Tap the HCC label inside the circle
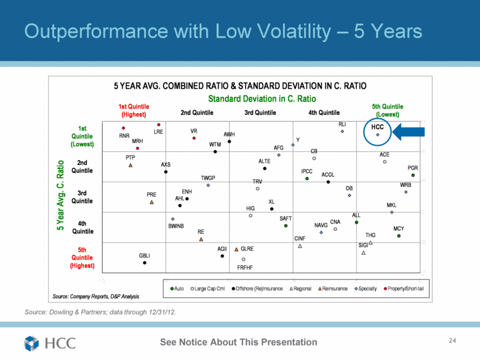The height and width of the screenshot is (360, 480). click(x=377, y=127)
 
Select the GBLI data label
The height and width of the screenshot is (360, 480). click(x=145, y=255)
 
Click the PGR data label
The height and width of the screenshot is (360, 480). click(x=413, y=167)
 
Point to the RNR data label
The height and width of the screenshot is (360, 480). click(x=124, y=135)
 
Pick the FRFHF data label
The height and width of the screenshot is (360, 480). click(x=245, y=267)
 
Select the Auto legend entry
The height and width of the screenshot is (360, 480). click(x=177, y=288)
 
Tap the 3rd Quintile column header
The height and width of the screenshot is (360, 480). click(x=260, y=113)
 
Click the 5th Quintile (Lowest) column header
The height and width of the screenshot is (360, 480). click(x=388, y=110)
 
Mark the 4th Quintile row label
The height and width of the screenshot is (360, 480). click(x=82, y=227)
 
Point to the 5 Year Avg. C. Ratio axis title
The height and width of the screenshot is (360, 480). click(x=60, y=196)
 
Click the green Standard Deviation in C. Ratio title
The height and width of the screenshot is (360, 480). click(x=262, y=98)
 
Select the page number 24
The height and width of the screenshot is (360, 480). click(x=454, y=340)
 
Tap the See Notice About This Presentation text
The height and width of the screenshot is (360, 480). click(x=239, y=342)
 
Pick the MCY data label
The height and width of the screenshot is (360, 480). click(x=399, y=229)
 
